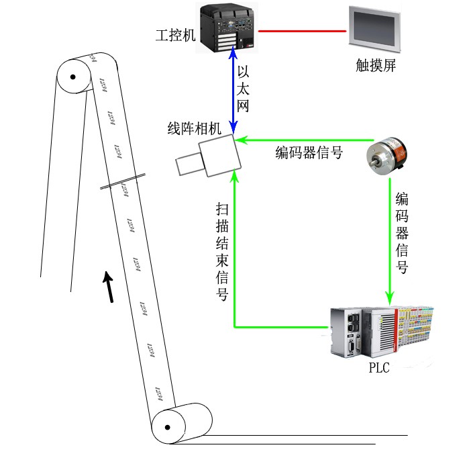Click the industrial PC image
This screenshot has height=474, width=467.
click(228, 28)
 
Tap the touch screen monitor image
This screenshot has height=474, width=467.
click(374, 30)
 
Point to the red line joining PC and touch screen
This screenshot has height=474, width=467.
click(301, 30)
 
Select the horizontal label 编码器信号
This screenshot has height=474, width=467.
click(309, 153)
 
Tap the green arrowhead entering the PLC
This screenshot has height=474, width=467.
click(389, 298)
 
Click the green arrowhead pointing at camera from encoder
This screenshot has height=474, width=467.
click(240, 140)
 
